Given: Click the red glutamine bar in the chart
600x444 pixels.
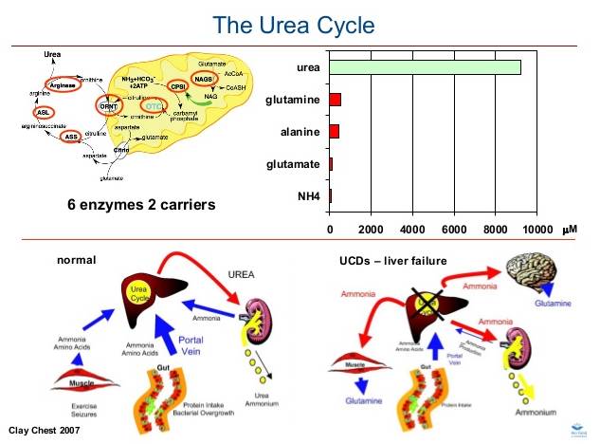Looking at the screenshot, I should point(335,100).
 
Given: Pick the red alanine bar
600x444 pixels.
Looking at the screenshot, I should point(334,132).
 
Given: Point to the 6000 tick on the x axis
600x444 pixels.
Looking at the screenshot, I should point(454,230).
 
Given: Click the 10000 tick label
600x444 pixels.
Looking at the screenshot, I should point(536,230).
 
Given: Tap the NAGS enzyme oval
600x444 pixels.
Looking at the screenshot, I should point(205,78).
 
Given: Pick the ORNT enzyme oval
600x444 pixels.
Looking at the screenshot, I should point(109,105).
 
